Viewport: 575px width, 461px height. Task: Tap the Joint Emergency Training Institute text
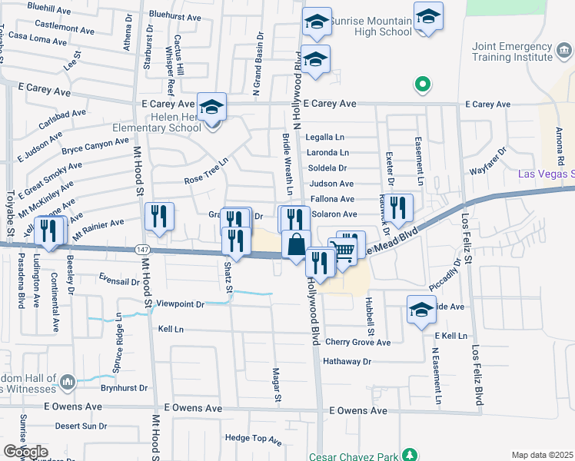pyautogui.click(x=513, y=52)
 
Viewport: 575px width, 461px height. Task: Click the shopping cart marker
pyautogui.click(x=344, y=250)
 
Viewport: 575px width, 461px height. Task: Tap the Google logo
pyautogui.click(x=25, y=452)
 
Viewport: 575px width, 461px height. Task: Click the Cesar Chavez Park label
pyautogui.click(x=355, y=456)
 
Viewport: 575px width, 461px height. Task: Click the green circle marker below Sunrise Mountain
pyautogui.click(x=421, y=84)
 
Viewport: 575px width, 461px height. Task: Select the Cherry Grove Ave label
pyautogui.click(x=357, y=342)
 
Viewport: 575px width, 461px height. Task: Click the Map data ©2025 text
pyautogui.click(x=543, y=455)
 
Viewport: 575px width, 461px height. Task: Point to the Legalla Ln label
pyautogui.click(x=328, y=137)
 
